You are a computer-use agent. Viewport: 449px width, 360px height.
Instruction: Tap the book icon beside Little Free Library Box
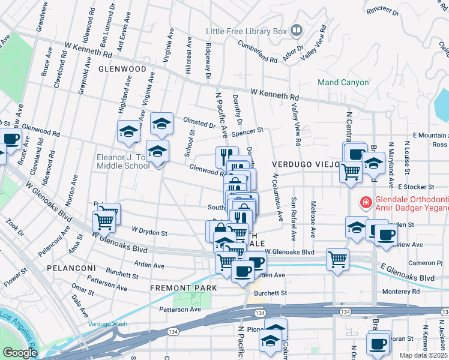coord(296,30)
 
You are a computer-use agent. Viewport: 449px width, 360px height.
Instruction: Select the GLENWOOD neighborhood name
coord(122,69)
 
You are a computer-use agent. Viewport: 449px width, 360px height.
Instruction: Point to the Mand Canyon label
coord(343,82)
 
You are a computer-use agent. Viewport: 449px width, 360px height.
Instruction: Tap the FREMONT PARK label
coord(184,288)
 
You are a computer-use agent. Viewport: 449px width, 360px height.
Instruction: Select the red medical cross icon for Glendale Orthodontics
coord(364,203)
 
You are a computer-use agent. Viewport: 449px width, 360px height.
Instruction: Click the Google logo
coord(20,353)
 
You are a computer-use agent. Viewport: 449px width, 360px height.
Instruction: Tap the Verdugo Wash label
coord(108,324)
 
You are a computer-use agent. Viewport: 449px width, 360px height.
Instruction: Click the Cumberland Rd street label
coord(258,50)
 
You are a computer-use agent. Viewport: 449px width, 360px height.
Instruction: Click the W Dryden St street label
coord(149,232)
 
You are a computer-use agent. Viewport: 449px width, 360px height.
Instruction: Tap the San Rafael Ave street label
coord(294,219)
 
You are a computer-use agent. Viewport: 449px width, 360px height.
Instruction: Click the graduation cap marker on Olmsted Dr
coord(161,124)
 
